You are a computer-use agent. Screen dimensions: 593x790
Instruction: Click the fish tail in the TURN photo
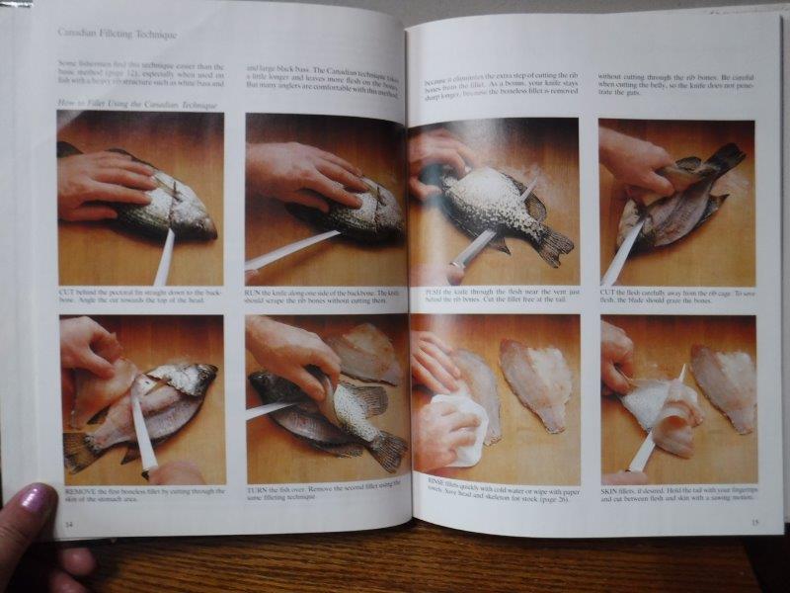coord(387,450)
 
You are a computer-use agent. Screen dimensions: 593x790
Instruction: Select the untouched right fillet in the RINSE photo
coord(538,381)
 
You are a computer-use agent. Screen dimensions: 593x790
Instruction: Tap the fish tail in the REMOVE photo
coord(79,451)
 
